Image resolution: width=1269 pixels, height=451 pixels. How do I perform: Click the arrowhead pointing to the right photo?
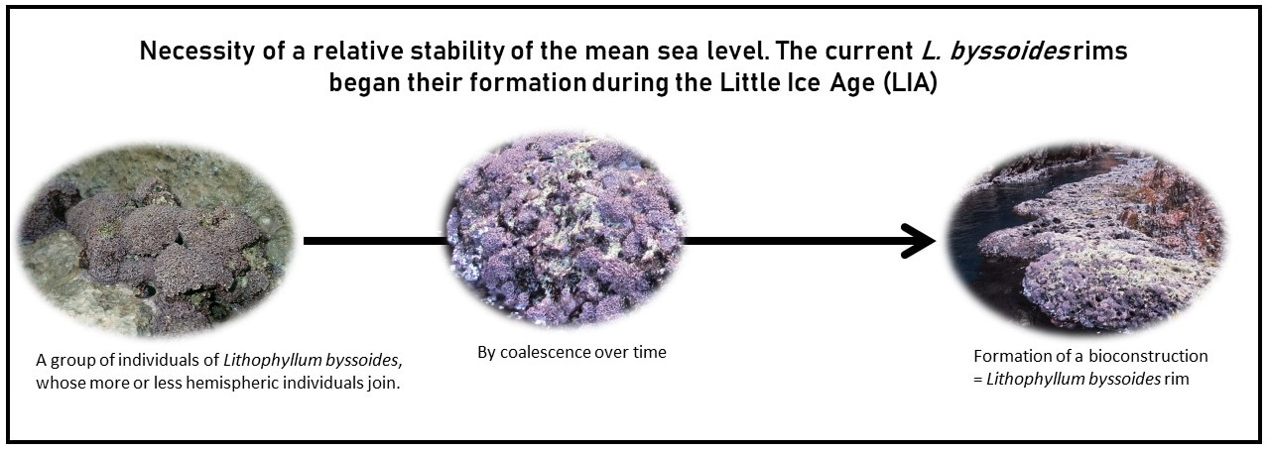(919, 241)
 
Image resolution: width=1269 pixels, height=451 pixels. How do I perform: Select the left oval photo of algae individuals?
(156, 241)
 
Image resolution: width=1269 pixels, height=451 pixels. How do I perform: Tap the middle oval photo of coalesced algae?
(567, 229)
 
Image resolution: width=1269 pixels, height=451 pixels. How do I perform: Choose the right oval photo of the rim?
(1087, 239)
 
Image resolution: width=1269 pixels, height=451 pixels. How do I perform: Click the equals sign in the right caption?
(978, 380)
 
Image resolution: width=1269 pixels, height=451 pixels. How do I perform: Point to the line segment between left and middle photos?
(377, 241)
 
